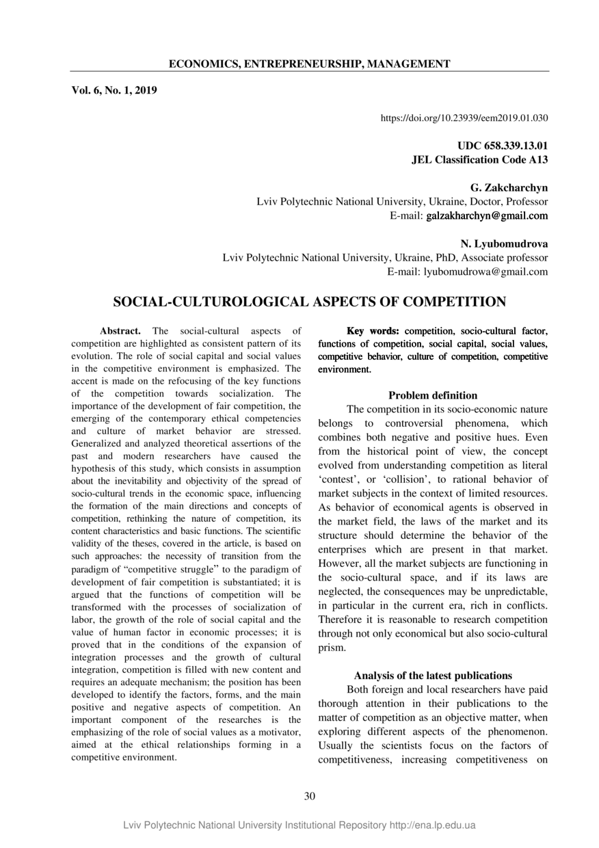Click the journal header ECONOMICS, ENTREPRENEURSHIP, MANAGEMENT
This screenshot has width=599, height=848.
click(x=309, y=64)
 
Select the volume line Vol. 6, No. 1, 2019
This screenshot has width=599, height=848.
click(x=114, y=89)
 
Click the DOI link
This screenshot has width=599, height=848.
click(x=464, y=118)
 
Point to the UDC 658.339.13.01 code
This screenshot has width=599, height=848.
click(x=503, y=146)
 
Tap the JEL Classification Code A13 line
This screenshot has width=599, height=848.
click(x=479, y=159)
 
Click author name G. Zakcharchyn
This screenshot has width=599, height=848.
click(x=509, y=187)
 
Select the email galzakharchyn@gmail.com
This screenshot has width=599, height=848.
click(x=487, y=216)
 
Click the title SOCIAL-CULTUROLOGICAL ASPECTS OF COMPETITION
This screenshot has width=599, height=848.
click(x=309, y=302)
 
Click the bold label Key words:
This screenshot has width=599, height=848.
click(x=373, y=331)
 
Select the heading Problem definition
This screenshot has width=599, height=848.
click(x=433, y=395)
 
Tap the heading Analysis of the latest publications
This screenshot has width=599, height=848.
click(x=433, y=676)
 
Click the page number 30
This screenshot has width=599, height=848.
click(x=310, y=795)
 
